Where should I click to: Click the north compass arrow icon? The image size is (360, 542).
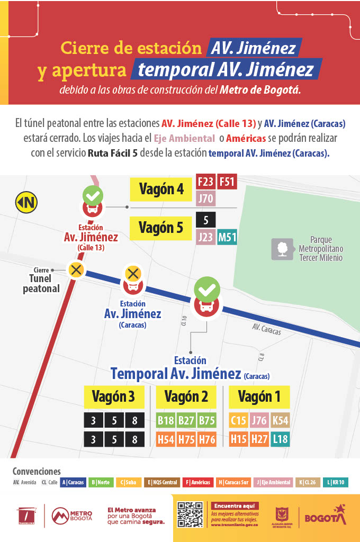point(26,202)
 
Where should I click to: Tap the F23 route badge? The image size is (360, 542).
point(205,182)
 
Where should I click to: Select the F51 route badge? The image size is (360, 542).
point(227,182)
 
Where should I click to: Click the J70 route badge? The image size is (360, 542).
point(205,199)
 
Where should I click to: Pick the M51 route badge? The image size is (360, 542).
point(227,237)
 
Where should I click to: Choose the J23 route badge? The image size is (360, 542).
point(205,237)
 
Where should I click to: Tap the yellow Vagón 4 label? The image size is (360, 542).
point(161,189)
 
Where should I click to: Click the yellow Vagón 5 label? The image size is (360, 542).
point(160,228)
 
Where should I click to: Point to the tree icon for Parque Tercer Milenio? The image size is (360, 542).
point(282,249)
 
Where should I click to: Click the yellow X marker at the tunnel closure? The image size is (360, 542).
point(76,269)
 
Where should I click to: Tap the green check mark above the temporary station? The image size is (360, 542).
point(206,289)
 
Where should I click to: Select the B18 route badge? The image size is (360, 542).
point(166,421)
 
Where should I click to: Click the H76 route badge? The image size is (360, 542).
point(207,439)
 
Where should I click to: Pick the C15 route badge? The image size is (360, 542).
point(238,421)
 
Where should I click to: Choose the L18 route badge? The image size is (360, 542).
point(280,439)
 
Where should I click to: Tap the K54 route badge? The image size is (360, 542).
point(280,421)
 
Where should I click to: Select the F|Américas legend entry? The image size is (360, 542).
point(198,482)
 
